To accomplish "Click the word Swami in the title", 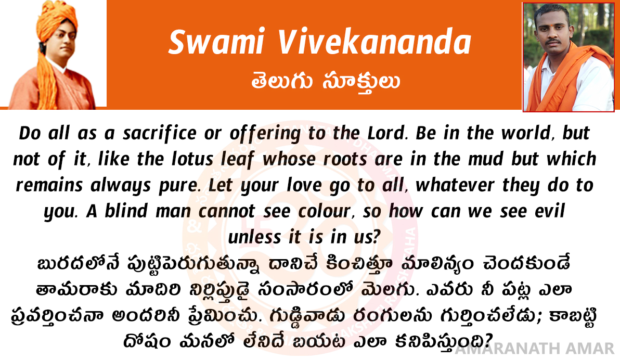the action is pyautogui.click(x=216, y=42).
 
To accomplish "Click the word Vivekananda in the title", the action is pyautogui.click(x=374, y=42).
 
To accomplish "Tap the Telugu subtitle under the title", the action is pyautogui.click(x=326, y=82).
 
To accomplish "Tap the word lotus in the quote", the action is pyautogui.click(x=192, y=159).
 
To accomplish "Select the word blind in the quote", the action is pyautogui.click(x=126, y=211).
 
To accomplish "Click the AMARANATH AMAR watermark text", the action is pyautogui.click(x=535, y=349).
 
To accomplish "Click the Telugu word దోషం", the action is pyautogui.click(x=147, y=341).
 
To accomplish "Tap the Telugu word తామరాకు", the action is pyautogui.click(x=76, y=290).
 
